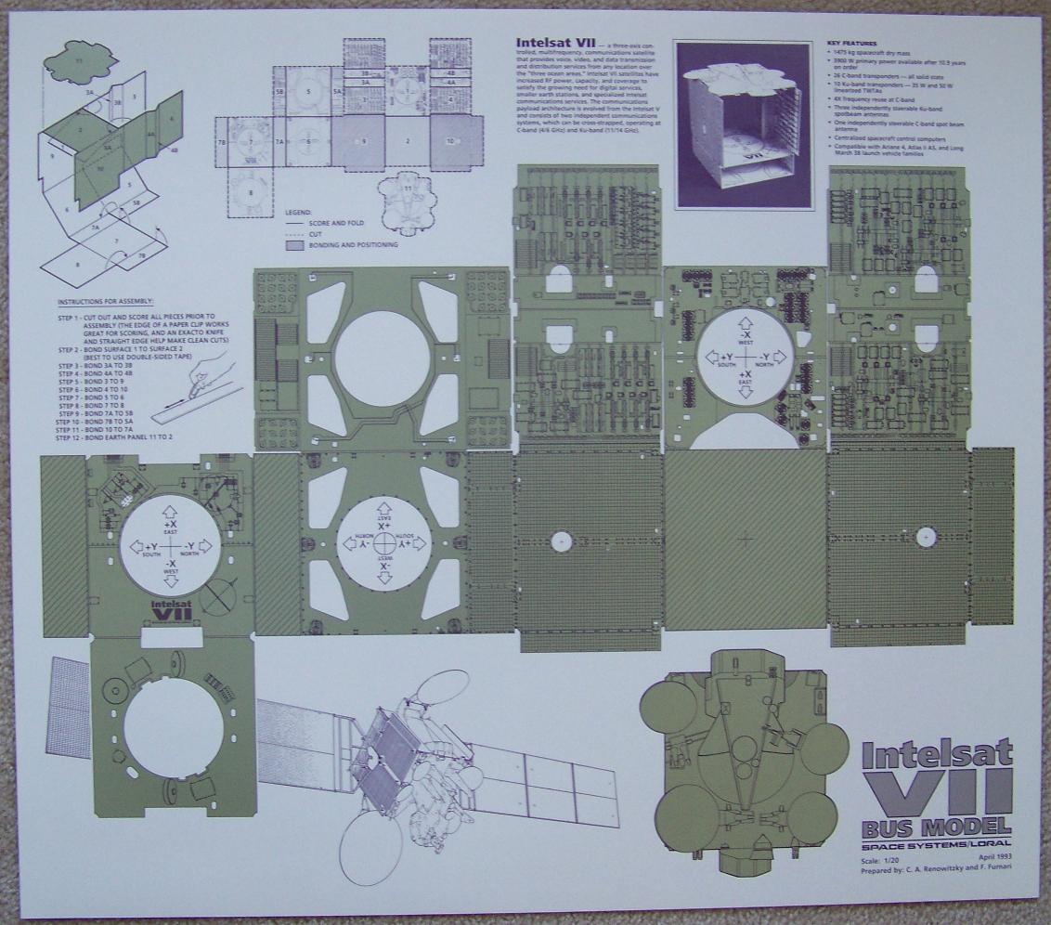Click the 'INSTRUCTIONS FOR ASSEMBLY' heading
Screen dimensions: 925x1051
[106, 303]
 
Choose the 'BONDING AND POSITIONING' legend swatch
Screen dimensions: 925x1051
[294, 245]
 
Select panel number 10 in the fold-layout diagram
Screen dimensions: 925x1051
[449, 140]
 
